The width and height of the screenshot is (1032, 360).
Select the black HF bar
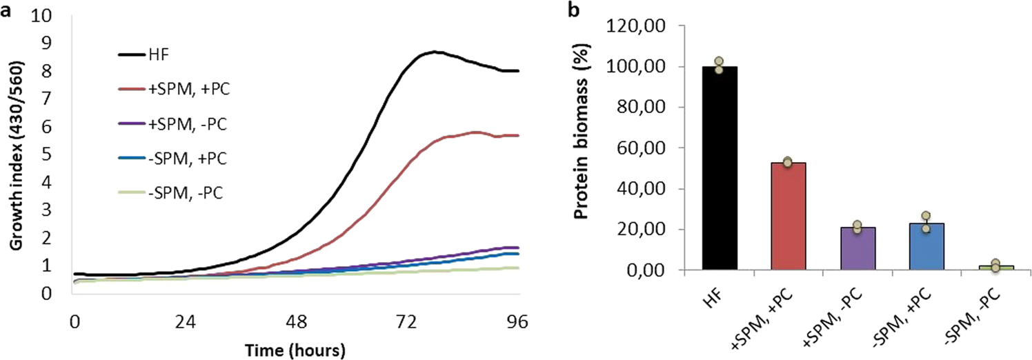pyautogui.click(x=719, y=168)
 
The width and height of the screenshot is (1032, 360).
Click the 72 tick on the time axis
pyautogui.click(x=408, y=321)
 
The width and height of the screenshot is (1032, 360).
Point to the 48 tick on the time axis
pyautogui.click(x=297, y=321)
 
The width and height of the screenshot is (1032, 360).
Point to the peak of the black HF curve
pyautogui.click(x=433, y=52)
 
